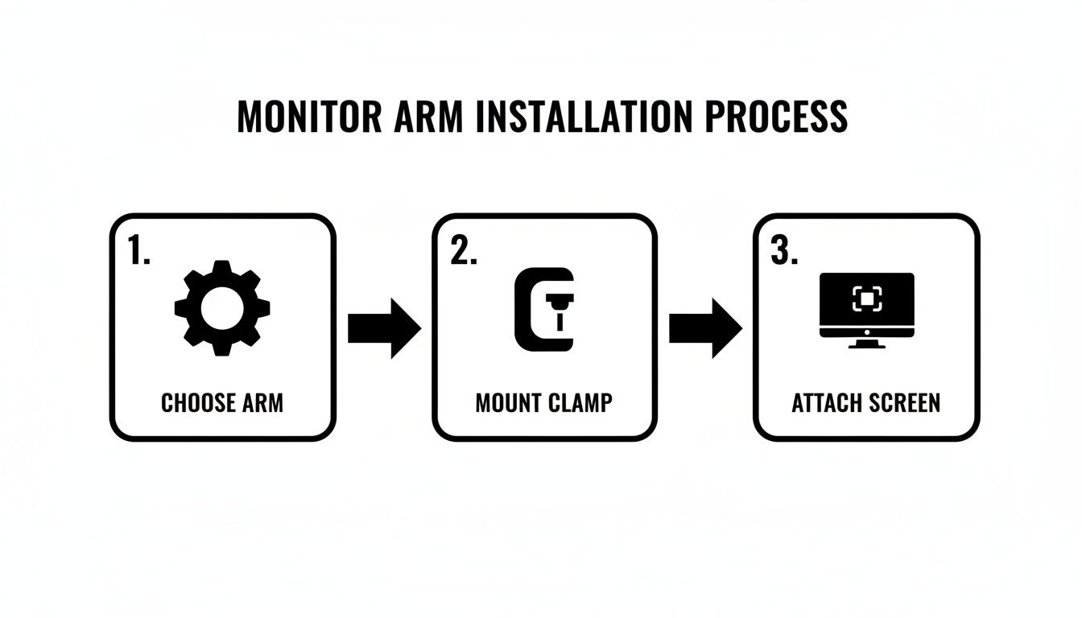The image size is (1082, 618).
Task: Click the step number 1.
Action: [139, 251]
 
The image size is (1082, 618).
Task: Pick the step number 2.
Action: [463, 251]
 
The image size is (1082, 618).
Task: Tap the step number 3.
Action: [784, 251]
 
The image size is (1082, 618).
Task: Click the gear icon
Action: [222, 308]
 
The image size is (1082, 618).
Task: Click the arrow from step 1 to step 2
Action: [384, 328]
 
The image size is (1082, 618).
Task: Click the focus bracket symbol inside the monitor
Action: [866, 299]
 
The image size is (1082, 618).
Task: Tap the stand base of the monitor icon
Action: [866, 345]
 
